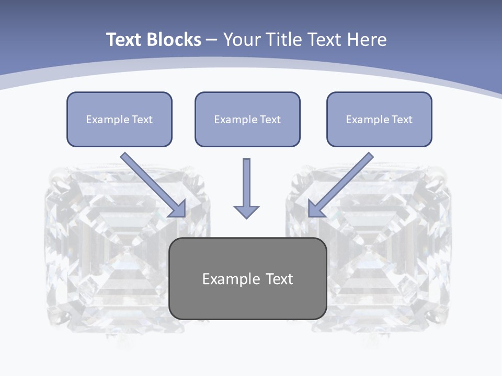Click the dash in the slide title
click(x=212, y=40)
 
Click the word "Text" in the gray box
click(x=279, y=279)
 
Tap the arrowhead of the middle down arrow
click(x=246, y=211)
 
